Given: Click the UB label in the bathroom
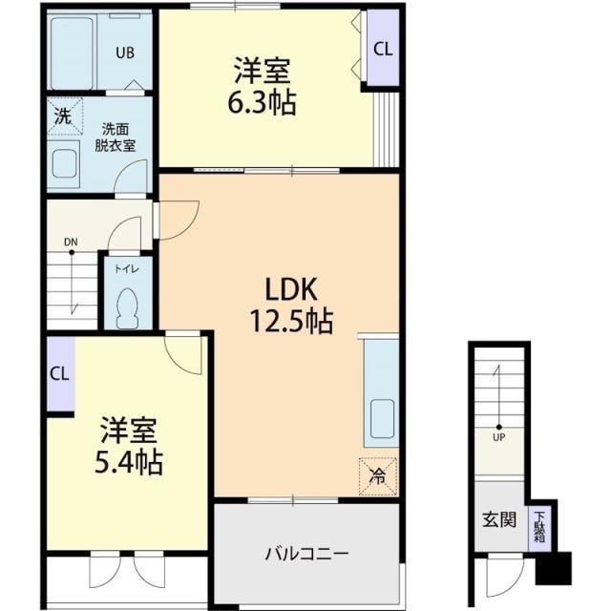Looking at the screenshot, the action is [125, 53].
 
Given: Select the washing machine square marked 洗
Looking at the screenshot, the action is [65, 116].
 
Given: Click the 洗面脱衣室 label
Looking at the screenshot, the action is [116, 137].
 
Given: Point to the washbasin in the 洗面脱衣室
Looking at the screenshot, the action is [64, 163].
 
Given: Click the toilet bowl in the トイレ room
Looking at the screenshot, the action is [127, 308].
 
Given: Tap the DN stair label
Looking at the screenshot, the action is [71, 242].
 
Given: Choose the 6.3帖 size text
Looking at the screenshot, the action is [262, 103].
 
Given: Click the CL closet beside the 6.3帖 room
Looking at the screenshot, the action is [383, 49].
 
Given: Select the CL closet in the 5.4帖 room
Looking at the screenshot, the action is [60, 373].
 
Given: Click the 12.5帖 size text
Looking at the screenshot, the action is [290, 321].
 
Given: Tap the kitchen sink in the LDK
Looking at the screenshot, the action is [382, 419].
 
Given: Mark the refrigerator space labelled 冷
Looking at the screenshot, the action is [378, 476].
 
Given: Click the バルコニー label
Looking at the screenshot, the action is [306, 554].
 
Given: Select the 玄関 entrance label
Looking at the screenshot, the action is [499, 519].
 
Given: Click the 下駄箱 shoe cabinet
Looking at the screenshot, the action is [539, 528].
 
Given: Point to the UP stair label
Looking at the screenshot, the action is [498, 437].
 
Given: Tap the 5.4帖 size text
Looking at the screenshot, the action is [129, 462].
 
